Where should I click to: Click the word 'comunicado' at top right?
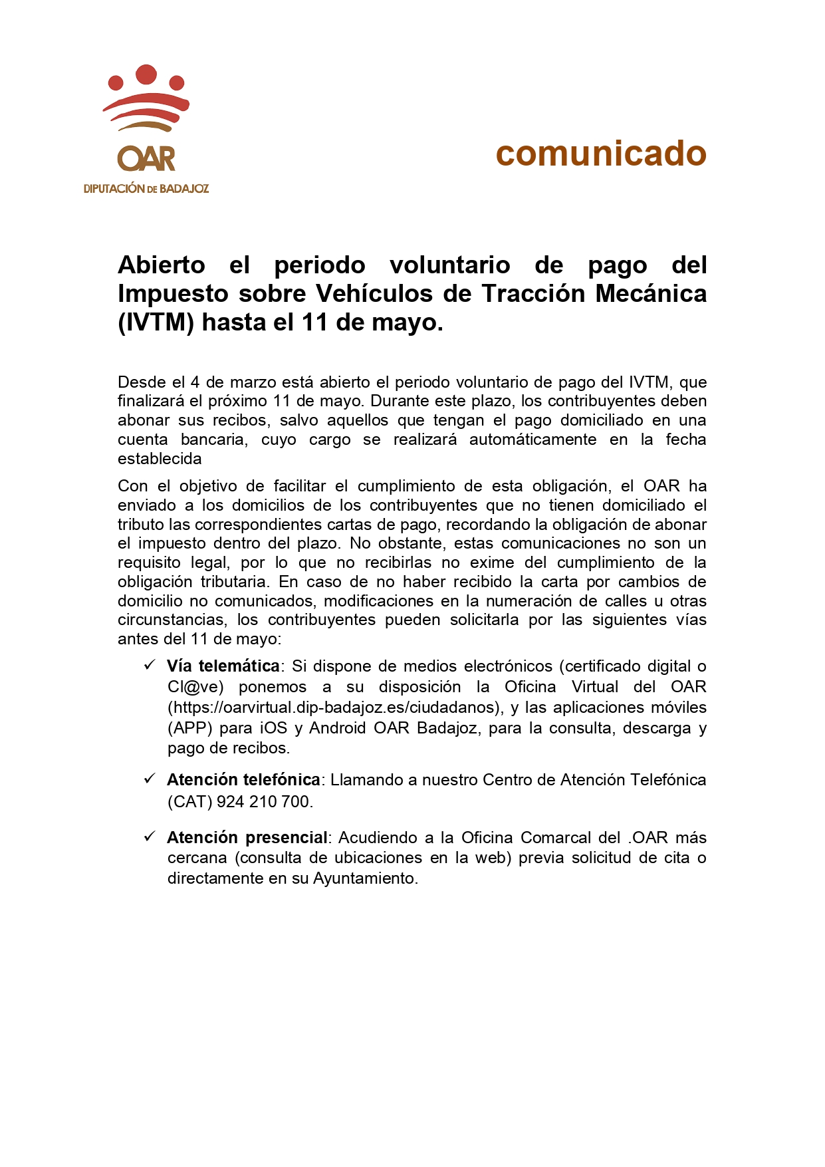(600, 154)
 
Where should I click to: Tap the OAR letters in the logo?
(146, 160)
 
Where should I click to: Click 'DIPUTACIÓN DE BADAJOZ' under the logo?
(146, 189)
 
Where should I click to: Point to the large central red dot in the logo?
(146, 73)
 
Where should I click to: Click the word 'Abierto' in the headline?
(162, 265)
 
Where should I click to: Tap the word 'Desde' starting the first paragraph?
(142, 382)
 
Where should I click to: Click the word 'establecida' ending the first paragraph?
(160, 459)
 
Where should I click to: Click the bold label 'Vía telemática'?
(223, 666)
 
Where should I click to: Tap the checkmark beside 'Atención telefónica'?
(150, 779)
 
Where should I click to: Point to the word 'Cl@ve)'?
(195, 687)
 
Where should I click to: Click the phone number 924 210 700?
(263, 802)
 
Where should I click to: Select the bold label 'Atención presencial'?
(247, 838)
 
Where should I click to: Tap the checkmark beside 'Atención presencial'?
(150, 837)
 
